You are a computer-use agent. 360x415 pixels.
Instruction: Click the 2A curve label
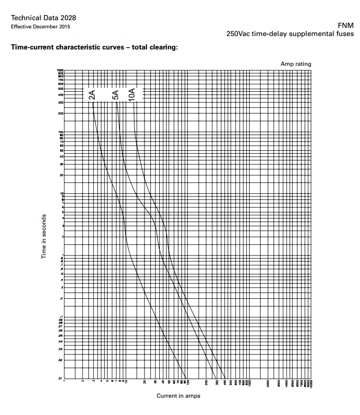pyautogui.click(x=92, y=95)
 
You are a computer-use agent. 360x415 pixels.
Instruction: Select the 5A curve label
pyautogui.click(x=116, y=95)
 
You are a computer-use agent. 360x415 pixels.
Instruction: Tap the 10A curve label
pyautogui.click(x=132, y=94)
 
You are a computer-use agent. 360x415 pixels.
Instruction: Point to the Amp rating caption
pyautogui.click(x=296, y=64)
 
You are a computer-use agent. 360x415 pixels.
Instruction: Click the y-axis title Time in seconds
pyautogui.click(x=44, y=236)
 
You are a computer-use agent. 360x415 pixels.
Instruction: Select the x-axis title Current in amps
pyautogui.click(x=178, y=396)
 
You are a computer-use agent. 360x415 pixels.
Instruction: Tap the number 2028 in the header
pyautogui.click(x=67, y=18)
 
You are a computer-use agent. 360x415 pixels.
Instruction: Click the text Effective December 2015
pyautogui.click(x=40, y=26)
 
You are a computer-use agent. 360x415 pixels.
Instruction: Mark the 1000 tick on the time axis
pyautogui.click(x=61, y=71)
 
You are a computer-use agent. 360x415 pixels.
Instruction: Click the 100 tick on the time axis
pyautogui.click(x=61, y=132)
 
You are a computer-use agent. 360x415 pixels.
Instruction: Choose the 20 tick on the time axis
pyautogui.click(x=61, y=175)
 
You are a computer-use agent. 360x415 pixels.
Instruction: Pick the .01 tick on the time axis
pyautogui.click(x=61, y=378)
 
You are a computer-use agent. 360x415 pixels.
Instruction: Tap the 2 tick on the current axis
pyautogui.click(x=83, y=382)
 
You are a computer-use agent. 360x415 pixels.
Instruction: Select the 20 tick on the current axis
pyautogui.click(x=144, y=383)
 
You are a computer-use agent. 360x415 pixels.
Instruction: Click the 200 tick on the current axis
pyautogui.click(x=206, y=383)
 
